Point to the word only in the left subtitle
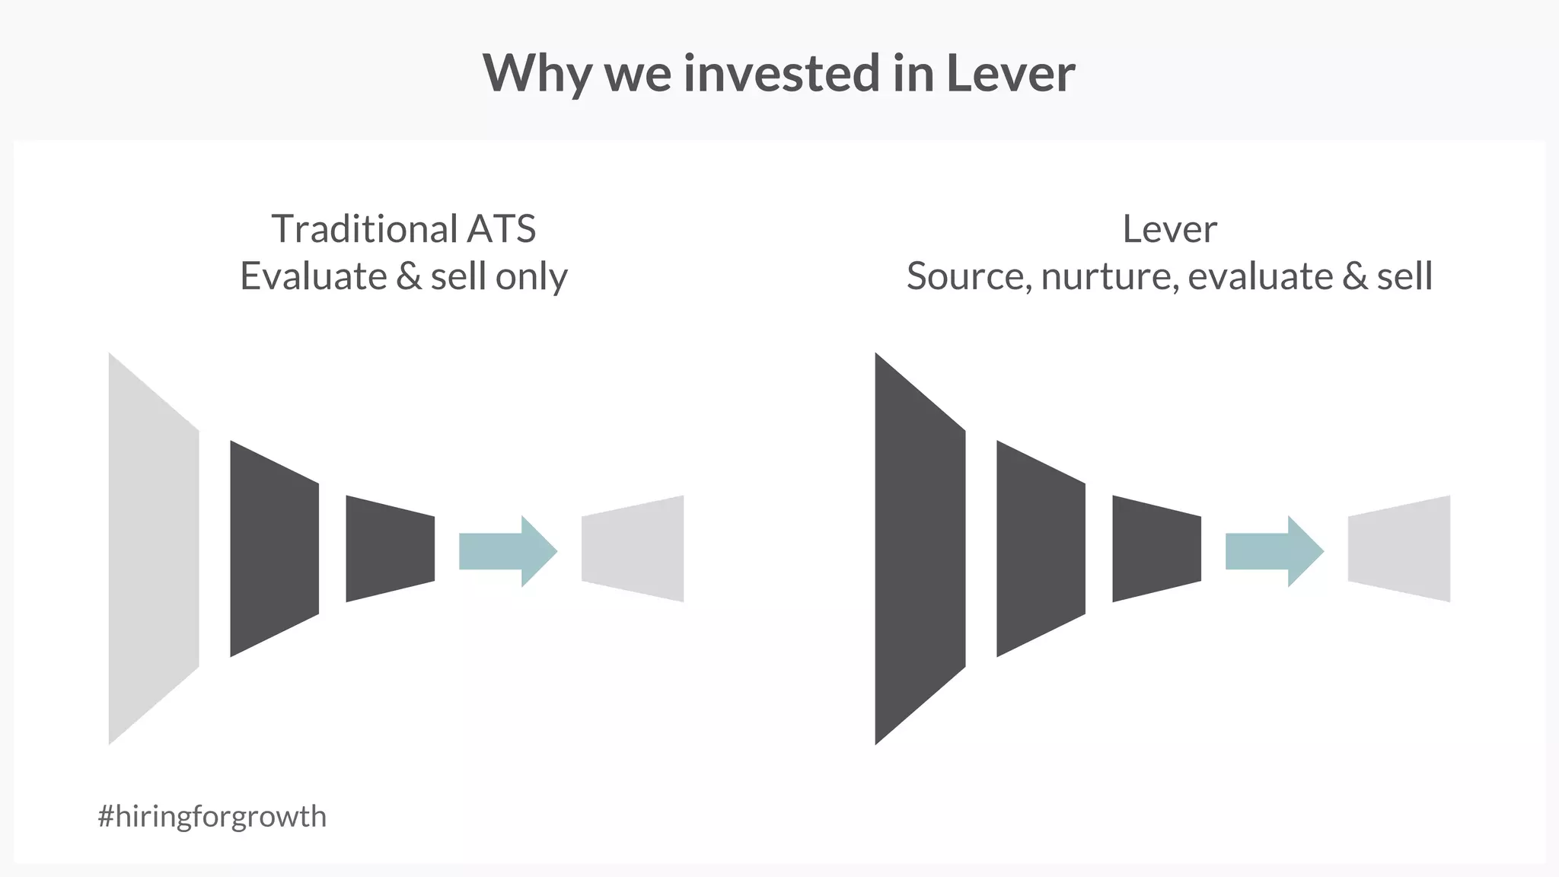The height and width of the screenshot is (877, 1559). (531, 276)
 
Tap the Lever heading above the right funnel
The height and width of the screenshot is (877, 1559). (1169, 228)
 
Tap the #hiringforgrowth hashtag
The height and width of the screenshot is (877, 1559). (212, 816)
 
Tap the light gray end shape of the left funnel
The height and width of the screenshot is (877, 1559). (633, 549)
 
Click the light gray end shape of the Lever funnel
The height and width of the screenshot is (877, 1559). (1399, 549)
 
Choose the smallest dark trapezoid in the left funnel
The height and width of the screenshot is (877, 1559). (391, 549)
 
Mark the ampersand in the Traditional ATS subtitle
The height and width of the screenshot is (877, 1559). (409, 276)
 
